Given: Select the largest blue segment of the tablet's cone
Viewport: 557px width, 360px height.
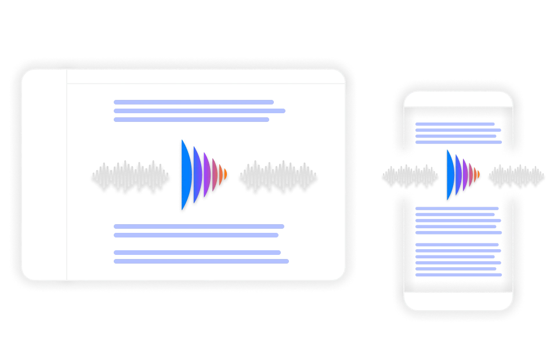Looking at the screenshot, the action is click(185, 174).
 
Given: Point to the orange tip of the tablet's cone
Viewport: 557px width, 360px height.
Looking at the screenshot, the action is click(225, 174).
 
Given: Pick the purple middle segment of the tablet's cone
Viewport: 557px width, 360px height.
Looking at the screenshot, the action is click(205, 174).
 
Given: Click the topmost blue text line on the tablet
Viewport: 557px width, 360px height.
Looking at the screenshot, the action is click(193, 102).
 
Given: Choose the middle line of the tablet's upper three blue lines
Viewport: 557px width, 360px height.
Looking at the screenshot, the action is click(200, 111).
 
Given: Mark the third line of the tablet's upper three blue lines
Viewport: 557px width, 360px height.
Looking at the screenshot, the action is click(190, 120).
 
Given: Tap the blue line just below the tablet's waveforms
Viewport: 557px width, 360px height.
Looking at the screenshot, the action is click(200, 227).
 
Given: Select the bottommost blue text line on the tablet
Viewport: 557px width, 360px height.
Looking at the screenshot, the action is click(201, 261).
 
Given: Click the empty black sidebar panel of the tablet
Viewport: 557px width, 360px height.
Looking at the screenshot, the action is click(44, 174).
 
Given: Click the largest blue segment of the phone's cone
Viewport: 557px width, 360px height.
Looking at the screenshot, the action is click(450, 174).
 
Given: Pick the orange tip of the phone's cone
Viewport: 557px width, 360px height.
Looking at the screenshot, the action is click(477, 174).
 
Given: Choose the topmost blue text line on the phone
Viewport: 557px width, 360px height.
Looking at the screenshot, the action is click(456, 123).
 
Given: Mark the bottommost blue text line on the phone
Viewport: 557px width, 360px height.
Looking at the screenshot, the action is click(458, 272).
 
